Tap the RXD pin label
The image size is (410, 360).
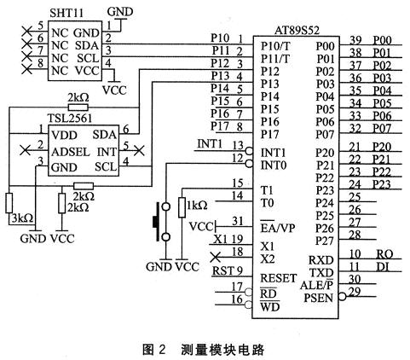point(320,260)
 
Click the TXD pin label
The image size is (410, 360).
point(320,272)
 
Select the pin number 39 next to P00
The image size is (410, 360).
point(355,40)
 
